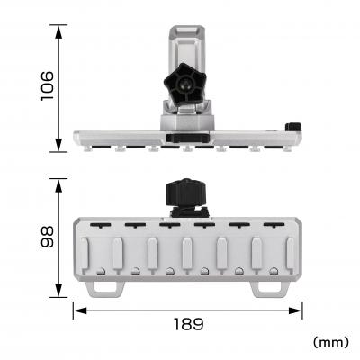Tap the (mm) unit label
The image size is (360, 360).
point(330,343)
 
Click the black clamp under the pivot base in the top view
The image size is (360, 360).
point(186,138)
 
